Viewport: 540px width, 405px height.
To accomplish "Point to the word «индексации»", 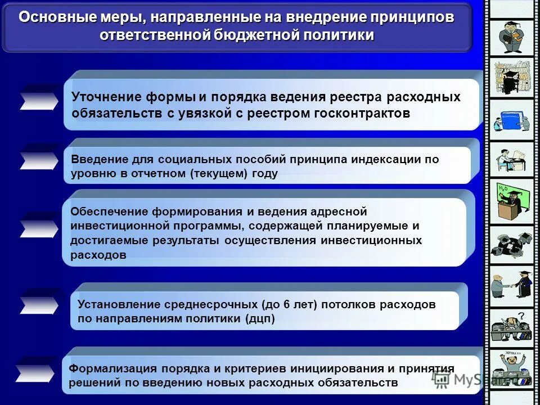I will point(387,159).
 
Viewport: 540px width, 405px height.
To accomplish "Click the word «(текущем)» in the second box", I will point(218,174).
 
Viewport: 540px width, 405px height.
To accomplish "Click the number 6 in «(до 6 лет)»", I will point(286,304).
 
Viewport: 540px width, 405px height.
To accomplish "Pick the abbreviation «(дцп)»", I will point(260,319).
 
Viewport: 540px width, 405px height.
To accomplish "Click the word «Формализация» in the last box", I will point(112,368).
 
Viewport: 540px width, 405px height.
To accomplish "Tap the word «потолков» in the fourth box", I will point(349,304).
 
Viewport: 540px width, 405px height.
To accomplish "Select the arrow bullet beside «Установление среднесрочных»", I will point(38,304).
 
